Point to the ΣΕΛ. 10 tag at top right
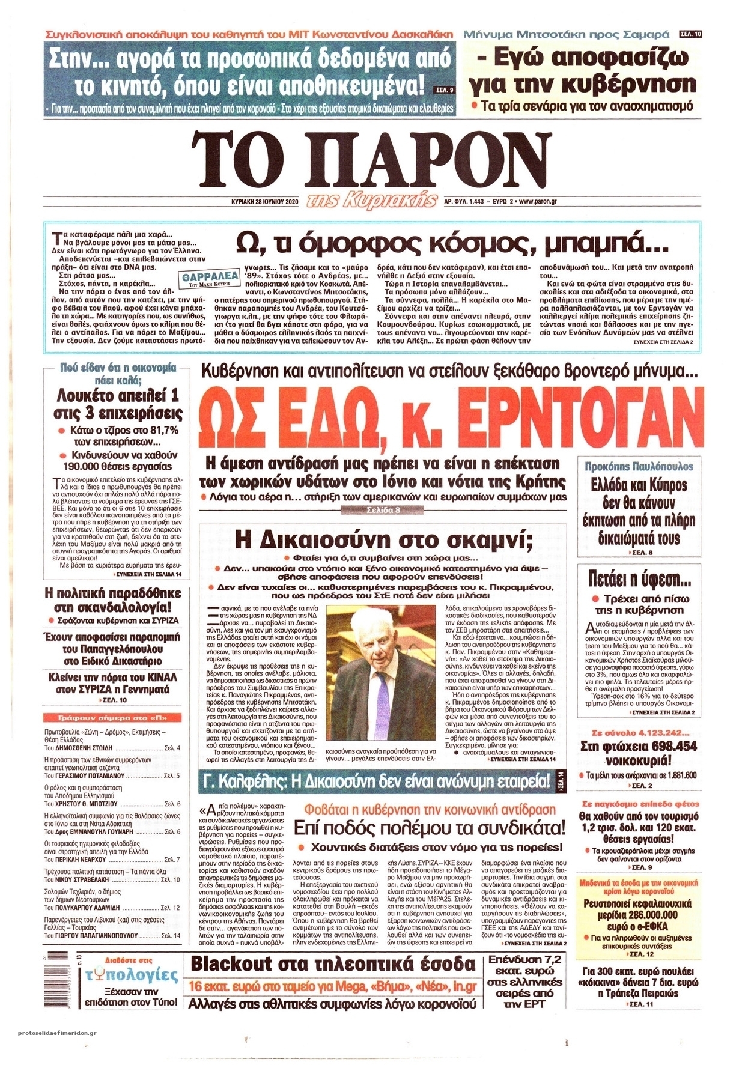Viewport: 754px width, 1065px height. pyautogui.click(x=690, y=34)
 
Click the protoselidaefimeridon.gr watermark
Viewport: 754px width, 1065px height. pyautogui.click(x=54, y=1049)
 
